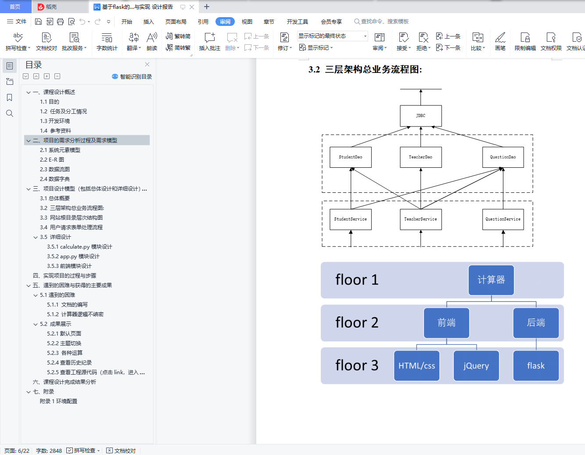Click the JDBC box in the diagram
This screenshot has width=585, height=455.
(420, 116)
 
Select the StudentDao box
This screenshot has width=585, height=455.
(350, 157)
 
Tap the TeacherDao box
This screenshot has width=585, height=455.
(420, 157)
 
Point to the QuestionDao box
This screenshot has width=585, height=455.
(503, 157)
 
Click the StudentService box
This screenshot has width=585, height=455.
(350, 219)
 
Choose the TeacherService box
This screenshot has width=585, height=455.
(420, 219)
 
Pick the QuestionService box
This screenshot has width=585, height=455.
(503, 219)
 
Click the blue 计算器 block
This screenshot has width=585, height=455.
(491, 280)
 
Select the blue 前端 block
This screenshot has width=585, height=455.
(446, 323)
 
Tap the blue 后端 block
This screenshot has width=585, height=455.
(536, 323)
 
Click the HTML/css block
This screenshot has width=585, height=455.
(416, 365)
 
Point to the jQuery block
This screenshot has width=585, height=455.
(476, 365)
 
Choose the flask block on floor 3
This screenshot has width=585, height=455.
(536, 365)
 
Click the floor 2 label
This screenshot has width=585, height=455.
(357, 323)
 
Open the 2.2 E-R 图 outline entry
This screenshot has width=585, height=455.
(52, 160)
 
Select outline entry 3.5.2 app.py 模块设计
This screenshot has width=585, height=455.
(73, 256)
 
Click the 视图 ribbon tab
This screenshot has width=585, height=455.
(247, 22)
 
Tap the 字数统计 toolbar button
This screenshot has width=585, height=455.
(107, 41)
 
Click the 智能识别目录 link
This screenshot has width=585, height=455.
(132, 76)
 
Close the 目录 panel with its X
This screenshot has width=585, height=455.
(147, 64)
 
